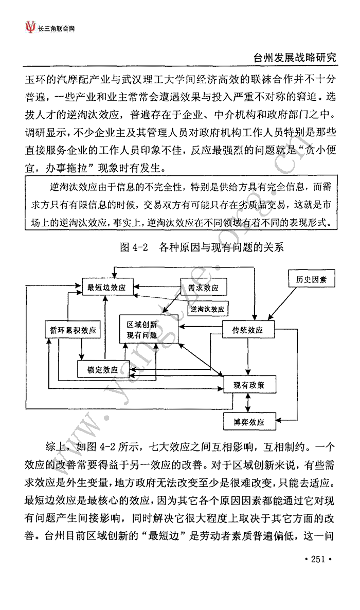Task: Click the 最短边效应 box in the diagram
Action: [x=107, y=288]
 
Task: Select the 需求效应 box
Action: [x=203, y=287]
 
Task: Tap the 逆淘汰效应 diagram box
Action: [x=208, y=309]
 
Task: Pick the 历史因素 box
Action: [x=311, y=279]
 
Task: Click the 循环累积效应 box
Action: [x=73, y=330]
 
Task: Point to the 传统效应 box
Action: [x=247, y=330]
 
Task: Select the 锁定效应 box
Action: [x=103, y=369]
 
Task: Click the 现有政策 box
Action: [x=249, y=385]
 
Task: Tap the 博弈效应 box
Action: [x=249, y=422]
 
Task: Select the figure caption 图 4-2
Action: [x=134, y=247]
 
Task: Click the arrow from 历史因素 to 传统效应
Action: [x=282, y=304]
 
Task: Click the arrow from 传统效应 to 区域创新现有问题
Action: [x=200, y=326]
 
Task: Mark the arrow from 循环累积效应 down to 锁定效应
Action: [x=82, y=349]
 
